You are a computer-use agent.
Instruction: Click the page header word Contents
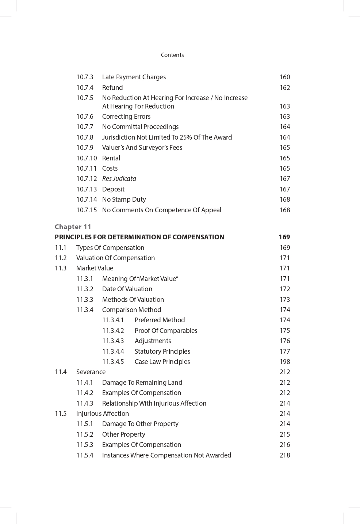[172, 55]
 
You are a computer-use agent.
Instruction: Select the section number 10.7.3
[85, 77]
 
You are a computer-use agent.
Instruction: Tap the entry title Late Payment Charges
[134, 77]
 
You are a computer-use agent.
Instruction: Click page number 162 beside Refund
[285, 88]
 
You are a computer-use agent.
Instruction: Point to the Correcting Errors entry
[126, 117]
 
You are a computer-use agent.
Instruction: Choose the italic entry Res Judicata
[119, 179]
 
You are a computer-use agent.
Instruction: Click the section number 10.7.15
[87, 210]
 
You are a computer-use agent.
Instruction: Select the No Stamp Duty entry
[124, 200]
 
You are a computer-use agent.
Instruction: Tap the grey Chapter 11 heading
[73, 227]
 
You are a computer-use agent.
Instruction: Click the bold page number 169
[284, 237]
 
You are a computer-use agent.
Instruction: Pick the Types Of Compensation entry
[110, 248]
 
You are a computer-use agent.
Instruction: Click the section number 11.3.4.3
[113, 341]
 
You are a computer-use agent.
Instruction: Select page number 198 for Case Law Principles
[285, 362]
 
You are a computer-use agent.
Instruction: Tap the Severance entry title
[91, 372]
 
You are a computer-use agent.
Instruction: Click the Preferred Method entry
[160, 320]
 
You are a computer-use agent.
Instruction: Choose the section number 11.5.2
[85, 434]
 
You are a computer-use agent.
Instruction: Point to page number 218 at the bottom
[285, 455]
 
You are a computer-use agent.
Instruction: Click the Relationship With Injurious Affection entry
[154, 403]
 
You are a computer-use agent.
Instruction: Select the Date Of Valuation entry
[127, 289]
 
